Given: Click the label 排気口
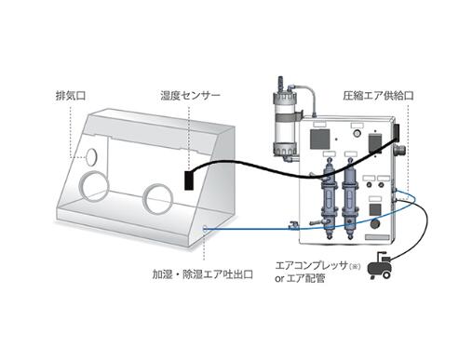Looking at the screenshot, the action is (x=71, y=96).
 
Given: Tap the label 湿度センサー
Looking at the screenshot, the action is (x=190, y=96).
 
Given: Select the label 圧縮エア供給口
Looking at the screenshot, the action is (x=378, y=96).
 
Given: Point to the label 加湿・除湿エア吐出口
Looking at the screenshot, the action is (x=203, y=274).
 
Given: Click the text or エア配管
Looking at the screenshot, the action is (x=300, y=278).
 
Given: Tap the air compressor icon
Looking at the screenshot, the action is (x=379, y=266).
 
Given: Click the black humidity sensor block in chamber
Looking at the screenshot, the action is (x=188, y=180).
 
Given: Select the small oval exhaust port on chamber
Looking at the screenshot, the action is (x=91, y=156).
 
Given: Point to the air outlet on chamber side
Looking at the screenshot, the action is (x=205, y=229).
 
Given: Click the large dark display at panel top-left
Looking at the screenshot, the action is (x=320, y=139).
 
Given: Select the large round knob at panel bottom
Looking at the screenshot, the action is (x=375, y=224).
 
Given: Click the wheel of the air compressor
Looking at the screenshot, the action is (x=386, y=274).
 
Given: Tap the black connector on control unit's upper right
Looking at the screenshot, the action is (x=396, y=132).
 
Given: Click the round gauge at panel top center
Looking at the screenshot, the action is (x=358, y=133).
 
